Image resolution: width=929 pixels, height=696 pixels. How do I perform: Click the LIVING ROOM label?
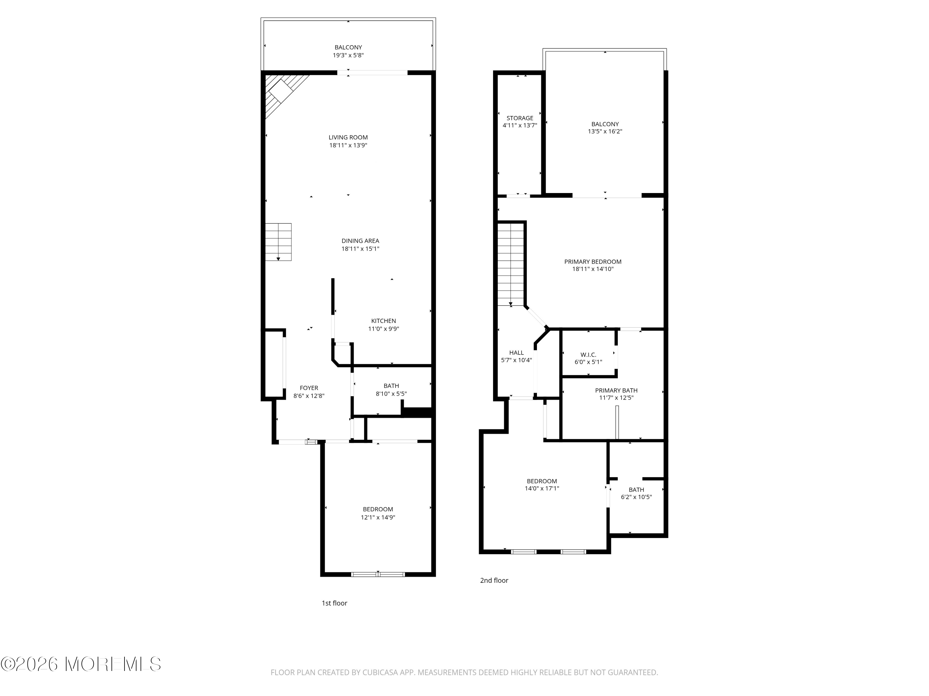tap(348, 137)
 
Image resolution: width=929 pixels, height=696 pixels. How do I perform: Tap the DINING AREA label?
tap(360, 241)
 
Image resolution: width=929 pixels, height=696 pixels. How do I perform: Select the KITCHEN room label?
tap(383, 321)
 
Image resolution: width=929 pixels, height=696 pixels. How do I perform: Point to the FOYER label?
tap(309, 388)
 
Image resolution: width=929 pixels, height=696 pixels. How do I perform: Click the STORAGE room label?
tap(520, 118)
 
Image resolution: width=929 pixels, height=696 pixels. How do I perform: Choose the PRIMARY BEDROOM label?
tap(593, 262)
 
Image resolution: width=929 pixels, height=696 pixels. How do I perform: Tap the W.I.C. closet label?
tap(588, 355)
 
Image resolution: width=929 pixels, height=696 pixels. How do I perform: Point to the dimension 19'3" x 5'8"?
tap(348, 55)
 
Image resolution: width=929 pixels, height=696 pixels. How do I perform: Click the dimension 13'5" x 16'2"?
tap(605, 131)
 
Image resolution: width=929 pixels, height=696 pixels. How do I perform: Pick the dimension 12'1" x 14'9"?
tap(378, 517)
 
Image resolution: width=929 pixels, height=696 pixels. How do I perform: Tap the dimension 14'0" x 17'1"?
tap(542, 488)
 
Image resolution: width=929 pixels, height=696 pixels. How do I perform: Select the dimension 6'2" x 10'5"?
tap(636, 497)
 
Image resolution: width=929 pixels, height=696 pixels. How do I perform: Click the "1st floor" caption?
tap(334, 603)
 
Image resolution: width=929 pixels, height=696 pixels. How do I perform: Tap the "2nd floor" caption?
tap(494, 581)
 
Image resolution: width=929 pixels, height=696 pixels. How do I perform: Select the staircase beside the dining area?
tap(278, 242)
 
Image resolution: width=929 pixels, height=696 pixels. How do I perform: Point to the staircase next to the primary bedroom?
tap(511, 264)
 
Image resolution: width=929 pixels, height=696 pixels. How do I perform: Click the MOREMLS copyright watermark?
tap(81, 664)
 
